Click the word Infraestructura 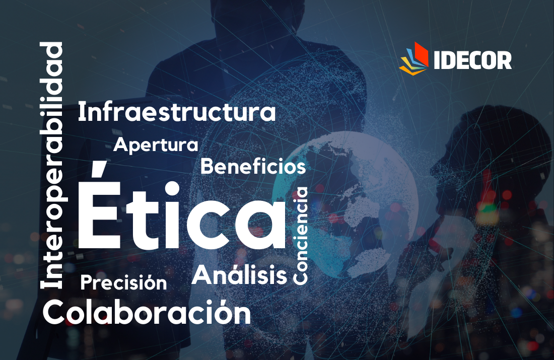click(x=177, y=112)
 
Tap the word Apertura click(x=156, y=145)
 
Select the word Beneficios click(x=253, y=166)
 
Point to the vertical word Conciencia click(x=301, y=236)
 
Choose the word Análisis click(x=239, y=274)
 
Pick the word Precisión click(x=124, y=282)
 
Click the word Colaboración click(x=147, y=312)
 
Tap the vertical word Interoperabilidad click(x=51, y=165)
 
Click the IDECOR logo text click(x=473, y=60)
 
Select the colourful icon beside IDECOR click(x=413, y=58)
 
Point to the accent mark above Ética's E click(x=98, y=169)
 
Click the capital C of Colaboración click(x=55, y=312)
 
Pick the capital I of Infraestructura click(x=81, y=112)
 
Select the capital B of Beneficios click(x=207, y=166)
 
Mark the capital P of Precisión click(x=87, y=282)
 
